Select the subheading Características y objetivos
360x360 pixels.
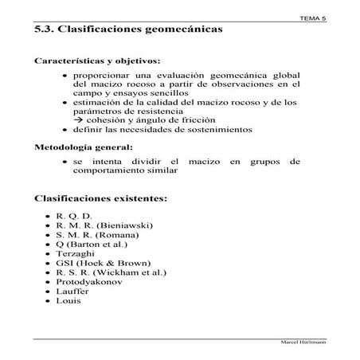click(98, 61)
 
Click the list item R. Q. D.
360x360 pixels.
click(75, 217)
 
